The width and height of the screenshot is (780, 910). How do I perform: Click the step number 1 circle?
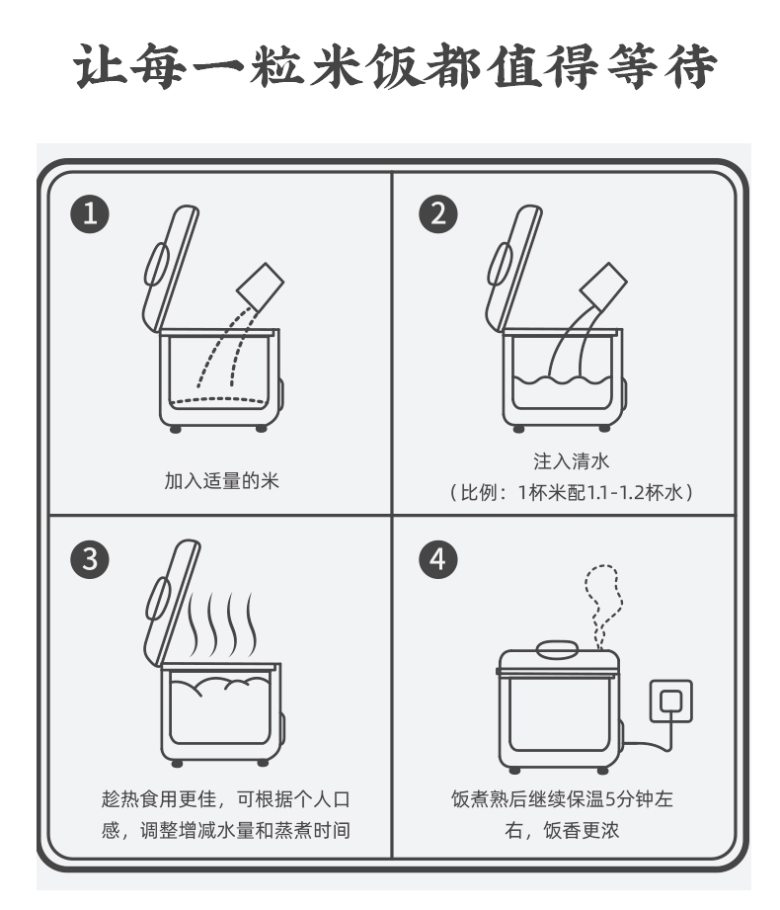pos(90,213)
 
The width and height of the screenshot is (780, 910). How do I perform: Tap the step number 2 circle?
pos(438,213)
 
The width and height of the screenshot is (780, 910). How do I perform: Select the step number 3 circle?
pos(90,559)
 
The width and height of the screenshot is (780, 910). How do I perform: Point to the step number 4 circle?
pos(438,559)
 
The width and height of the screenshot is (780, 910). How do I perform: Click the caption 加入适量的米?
pos(221,481)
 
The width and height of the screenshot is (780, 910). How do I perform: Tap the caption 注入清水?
pos(572,461)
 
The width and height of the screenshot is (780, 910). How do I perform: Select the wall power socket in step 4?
pos(671,702)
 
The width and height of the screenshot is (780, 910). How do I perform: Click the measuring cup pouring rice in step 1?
pos(261,288)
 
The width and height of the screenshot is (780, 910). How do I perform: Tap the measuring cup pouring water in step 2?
pos(603,288)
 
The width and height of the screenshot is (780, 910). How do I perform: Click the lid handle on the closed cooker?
pos(557,649)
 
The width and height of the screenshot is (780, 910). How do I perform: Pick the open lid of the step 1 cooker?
pos(170,268)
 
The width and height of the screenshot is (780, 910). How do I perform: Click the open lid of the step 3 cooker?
pos(172,604)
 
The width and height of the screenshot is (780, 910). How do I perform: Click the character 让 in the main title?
pos(100,65)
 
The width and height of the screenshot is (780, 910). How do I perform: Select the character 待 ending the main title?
pos(690,65)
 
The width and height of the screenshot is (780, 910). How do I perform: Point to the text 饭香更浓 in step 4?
pos(582,831)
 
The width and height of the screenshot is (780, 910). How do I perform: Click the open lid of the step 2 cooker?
pos(513,268)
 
